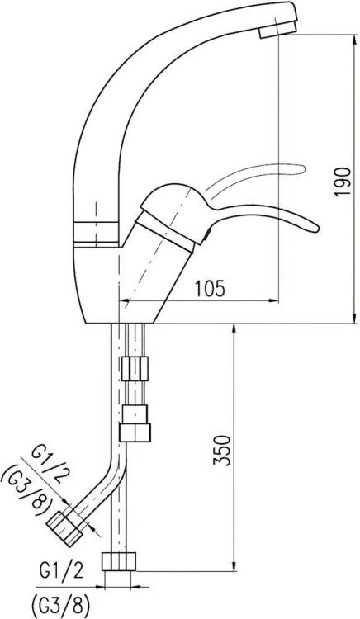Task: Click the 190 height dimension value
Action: click(342, 182)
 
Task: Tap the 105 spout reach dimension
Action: click(210, 289)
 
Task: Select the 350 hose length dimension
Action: click(222, 451)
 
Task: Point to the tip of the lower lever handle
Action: click(316, 229)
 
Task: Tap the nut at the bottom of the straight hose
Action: click(119, 561)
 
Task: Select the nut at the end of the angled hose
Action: click(64, 528)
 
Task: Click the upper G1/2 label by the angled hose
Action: click(48, 463)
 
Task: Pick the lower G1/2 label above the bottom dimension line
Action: click(62, 571)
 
